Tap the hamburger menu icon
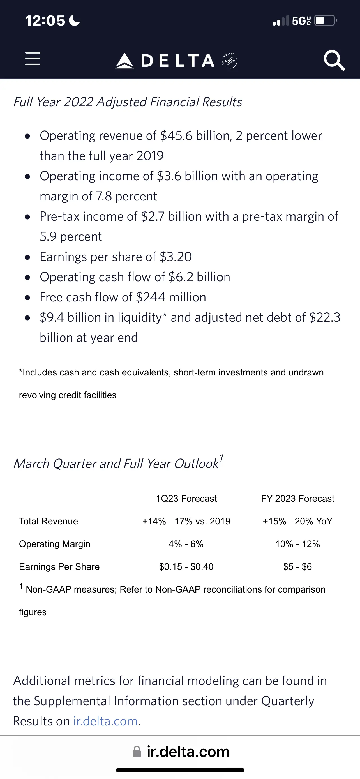tap(33, 59)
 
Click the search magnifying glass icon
tap(334, 60)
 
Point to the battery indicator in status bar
tap(325, 20)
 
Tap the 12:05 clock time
tap(45, 20)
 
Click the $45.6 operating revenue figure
tap(176, 136)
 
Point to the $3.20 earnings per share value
tap(176, 257)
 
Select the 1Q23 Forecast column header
tap(186, 498)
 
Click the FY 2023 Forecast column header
tap(297, 498)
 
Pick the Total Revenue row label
tap(48, 521)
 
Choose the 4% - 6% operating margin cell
tap(186, 544)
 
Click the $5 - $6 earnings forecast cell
tap(297, 566)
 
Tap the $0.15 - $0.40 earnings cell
tap(186, 566)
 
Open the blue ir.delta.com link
tap(105, 721)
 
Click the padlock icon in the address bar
tap(137, 752)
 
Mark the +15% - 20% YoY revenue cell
tap(297, 521)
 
